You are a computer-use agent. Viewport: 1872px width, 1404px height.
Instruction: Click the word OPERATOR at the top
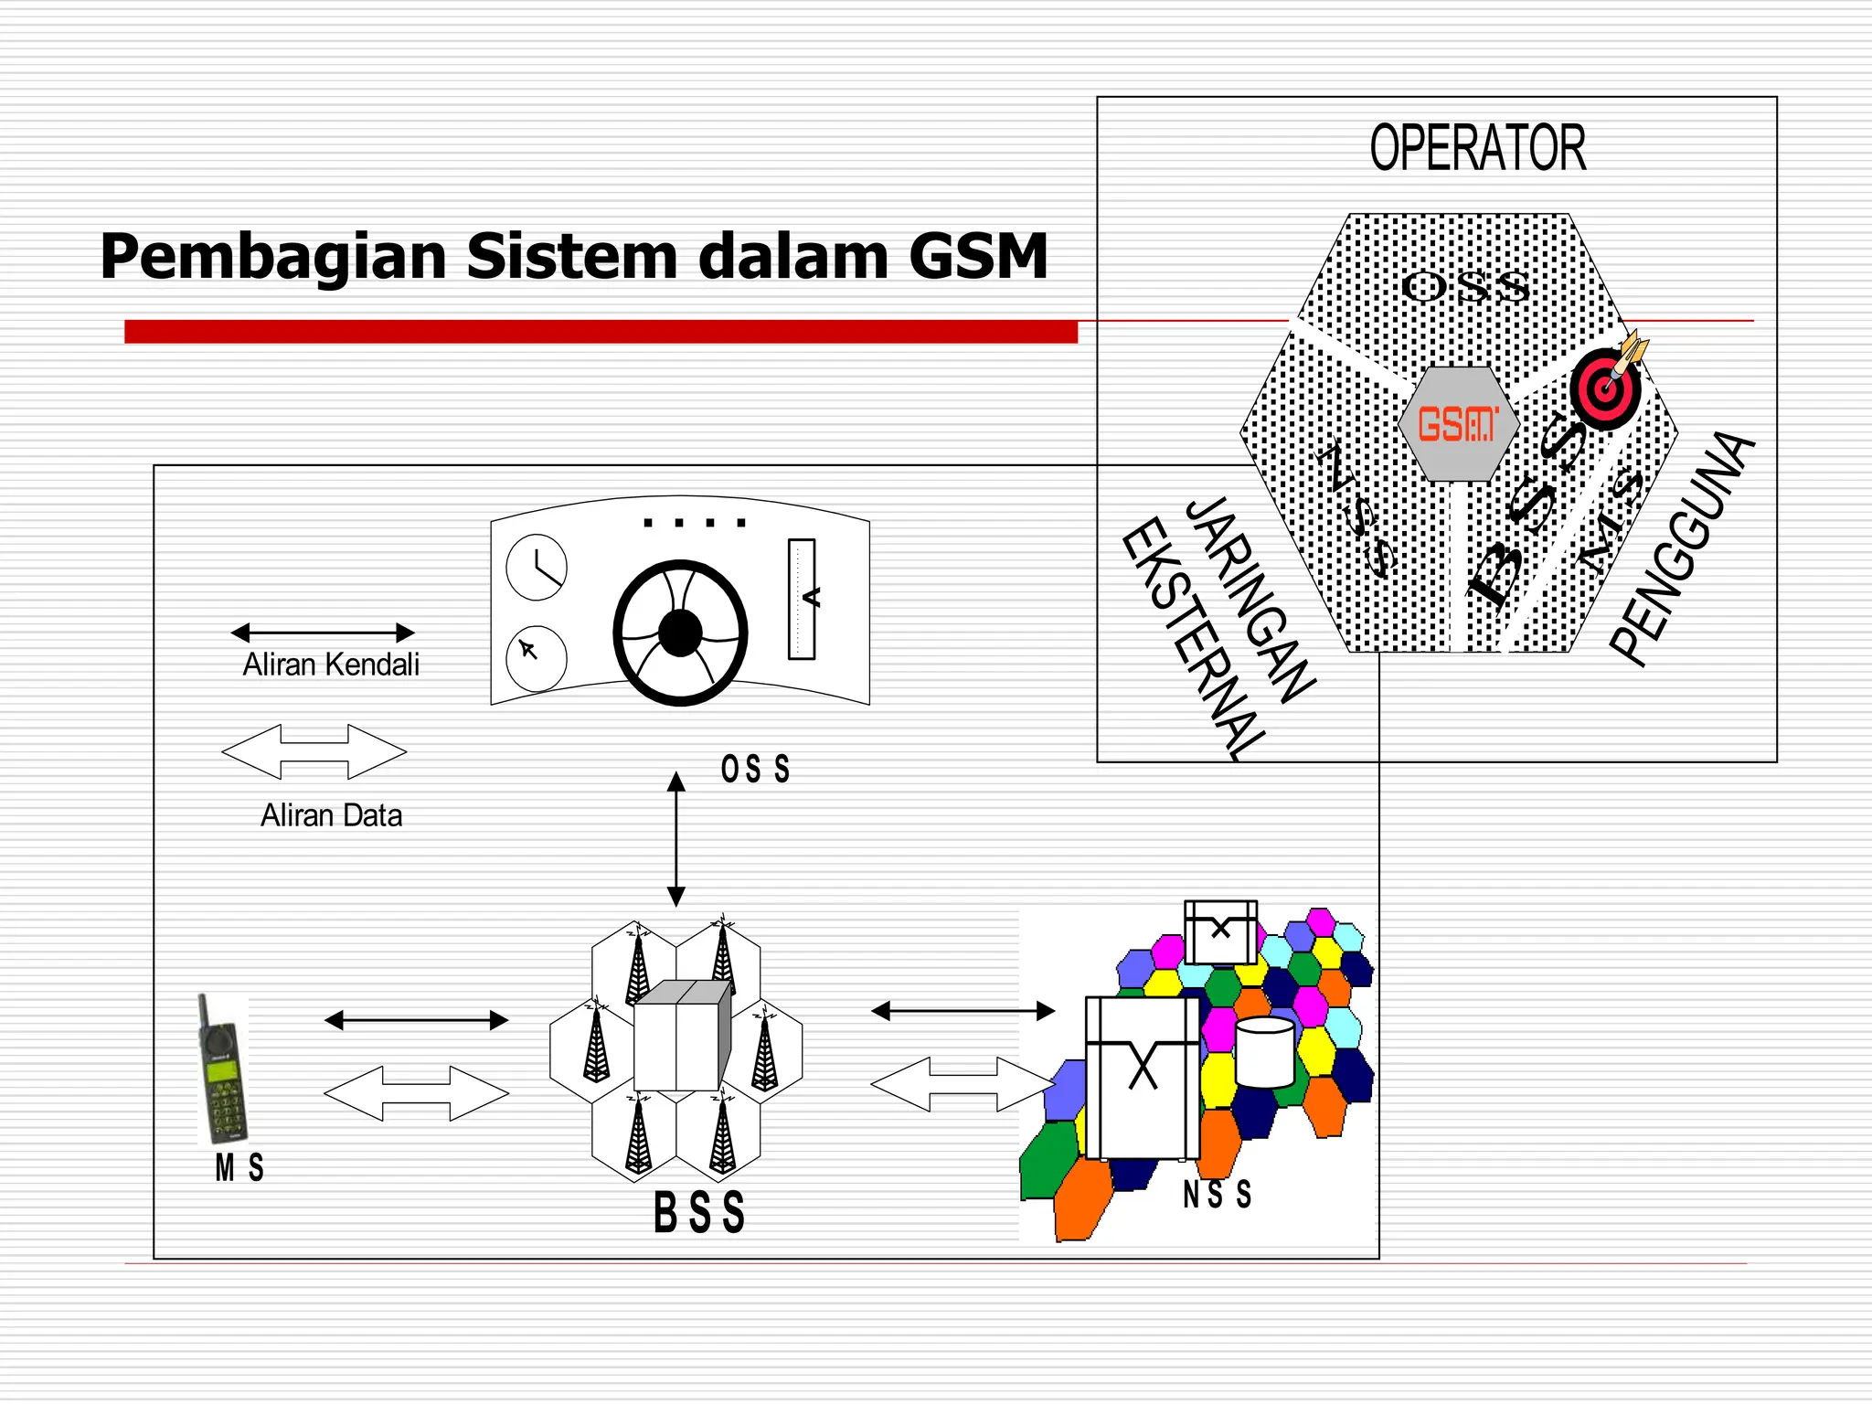pos(1477,148)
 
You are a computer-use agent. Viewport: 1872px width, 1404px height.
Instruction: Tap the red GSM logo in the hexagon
pos(1457,425)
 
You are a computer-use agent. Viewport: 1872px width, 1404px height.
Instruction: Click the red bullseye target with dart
pos(1606,388)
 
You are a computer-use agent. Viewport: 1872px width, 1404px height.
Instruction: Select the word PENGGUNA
pos(1682,548)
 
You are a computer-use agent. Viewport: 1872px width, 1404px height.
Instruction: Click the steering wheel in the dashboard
pos(680,633)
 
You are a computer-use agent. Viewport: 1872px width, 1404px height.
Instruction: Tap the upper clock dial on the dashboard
pos(537,568)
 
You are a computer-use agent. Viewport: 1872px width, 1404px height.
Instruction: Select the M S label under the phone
pos(239,1168)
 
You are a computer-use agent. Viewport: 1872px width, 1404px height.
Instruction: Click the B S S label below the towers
pos(699,1213)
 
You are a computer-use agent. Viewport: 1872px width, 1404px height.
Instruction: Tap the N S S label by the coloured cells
pos(1217,1195)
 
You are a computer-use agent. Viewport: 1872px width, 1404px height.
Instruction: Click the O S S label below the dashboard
pos(755,770)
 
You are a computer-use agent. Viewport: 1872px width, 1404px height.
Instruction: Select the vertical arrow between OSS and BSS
pos(676,838)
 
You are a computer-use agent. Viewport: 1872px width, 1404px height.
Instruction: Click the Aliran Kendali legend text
pos(331,665)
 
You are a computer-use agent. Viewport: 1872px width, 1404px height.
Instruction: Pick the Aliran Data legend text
pos(331,815)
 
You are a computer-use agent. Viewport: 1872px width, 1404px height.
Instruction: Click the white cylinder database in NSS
pos(1264,1052)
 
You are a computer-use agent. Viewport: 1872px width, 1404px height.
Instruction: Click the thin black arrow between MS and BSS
pos(416,1020)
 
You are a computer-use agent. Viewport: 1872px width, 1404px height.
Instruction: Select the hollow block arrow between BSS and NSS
pos(963,1084)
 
